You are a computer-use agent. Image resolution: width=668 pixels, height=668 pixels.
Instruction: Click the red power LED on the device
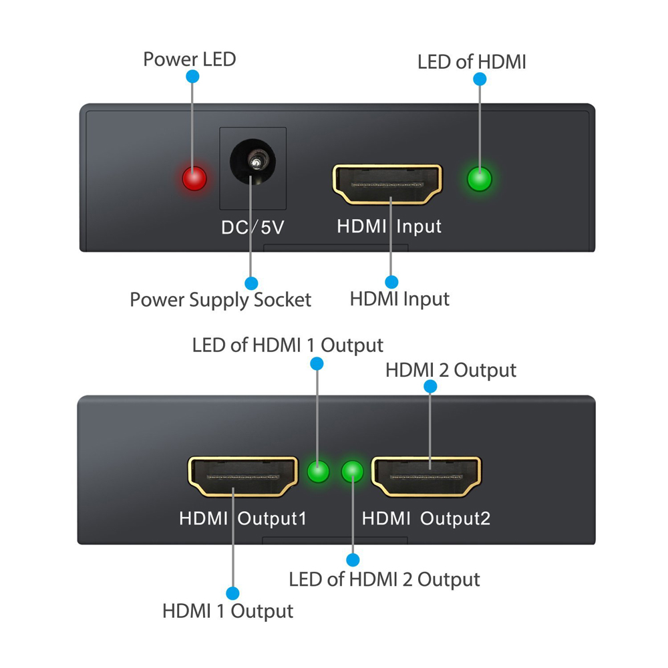[x=194, y=178]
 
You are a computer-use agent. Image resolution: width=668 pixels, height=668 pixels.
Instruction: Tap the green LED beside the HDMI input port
[x=480, y=178]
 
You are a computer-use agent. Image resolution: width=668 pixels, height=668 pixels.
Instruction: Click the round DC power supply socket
[x=253, y=162]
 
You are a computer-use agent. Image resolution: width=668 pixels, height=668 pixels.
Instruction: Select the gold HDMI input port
[x=387, y=184]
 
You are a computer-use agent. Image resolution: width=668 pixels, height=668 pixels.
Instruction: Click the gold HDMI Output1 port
[x=243, y=476]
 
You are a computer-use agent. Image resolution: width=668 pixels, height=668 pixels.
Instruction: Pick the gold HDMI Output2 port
[x=426, y=476]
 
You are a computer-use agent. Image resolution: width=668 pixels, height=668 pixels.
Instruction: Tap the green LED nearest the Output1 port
[x=318, y=472]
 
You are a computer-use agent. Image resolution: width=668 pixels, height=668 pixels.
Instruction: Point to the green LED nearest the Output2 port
[x=352, y=472]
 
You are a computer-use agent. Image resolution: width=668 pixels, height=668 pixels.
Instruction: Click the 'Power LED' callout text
[x=190, y=59]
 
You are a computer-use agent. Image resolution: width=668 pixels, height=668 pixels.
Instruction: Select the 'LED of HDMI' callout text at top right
[x=472, y=61]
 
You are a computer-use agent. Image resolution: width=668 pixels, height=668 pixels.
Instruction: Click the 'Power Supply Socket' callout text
[x=220, y=300]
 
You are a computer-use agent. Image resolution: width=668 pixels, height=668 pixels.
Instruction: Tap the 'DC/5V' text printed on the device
[x=253, y=228]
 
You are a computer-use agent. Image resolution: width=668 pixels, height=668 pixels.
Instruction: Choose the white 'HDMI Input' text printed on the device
[x=389, y=226]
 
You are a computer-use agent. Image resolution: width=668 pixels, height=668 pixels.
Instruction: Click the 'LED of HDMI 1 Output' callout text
[x=287, y=345]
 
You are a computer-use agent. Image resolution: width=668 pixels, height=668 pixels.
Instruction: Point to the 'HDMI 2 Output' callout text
[x=451, y=370]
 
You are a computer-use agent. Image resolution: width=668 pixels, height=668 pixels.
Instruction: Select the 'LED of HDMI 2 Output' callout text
[x=384, y=580]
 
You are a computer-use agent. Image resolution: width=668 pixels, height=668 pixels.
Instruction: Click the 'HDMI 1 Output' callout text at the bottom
[x=228, y=611]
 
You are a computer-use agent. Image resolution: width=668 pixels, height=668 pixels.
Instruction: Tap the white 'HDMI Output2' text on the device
[x=426, y=519]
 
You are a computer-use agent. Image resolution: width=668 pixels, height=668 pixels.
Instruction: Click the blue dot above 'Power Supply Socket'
[x=251, y=283]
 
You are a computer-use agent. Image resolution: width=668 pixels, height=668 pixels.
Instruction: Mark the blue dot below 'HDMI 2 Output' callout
[x=430, y=386]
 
